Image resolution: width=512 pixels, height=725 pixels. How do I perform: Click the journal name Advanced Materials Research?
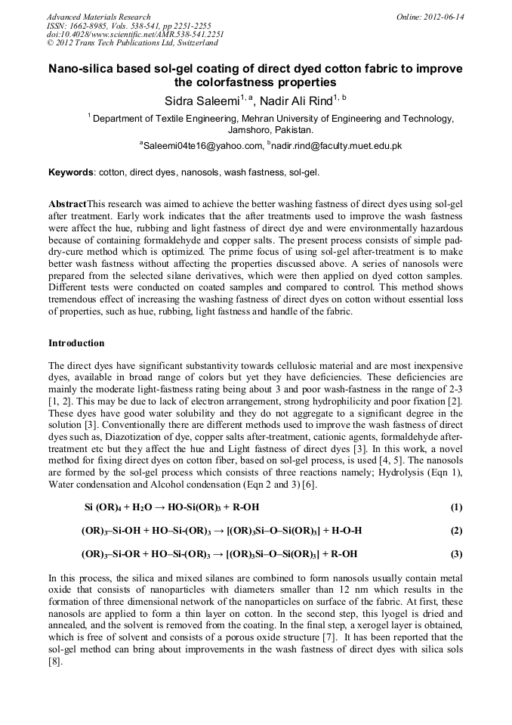pyautogui.click(x=98, y=17)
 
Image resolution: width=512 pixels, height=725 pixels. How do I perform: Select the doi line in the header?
pyautogui.click(x=135, y=35)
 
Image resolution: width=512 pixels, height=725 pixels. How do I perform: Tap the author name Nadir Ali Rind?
pyautogui.click(x=300, y=100)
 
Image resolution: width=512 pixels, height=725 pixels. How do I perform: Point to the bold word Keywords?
pyautogui.click(x=71, y=172)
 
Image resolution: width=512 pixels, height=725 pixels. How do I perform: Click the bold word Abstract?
pyautogui.click(x=67, y=205)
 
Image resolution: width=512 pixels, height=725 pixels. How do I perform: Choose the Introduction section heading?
pyautogui.click(x=76, y=343)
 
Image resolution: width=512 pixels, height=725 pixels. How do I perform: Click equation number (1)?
pyautogui.click(x=455, y=507)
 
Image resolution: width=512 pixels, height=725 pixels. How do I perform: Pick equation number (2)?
pyautogui.click(x=455, y=530)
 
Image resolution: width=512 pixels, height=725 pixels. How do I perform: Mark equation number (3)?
pyautogui.click(x=455, y=554)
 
